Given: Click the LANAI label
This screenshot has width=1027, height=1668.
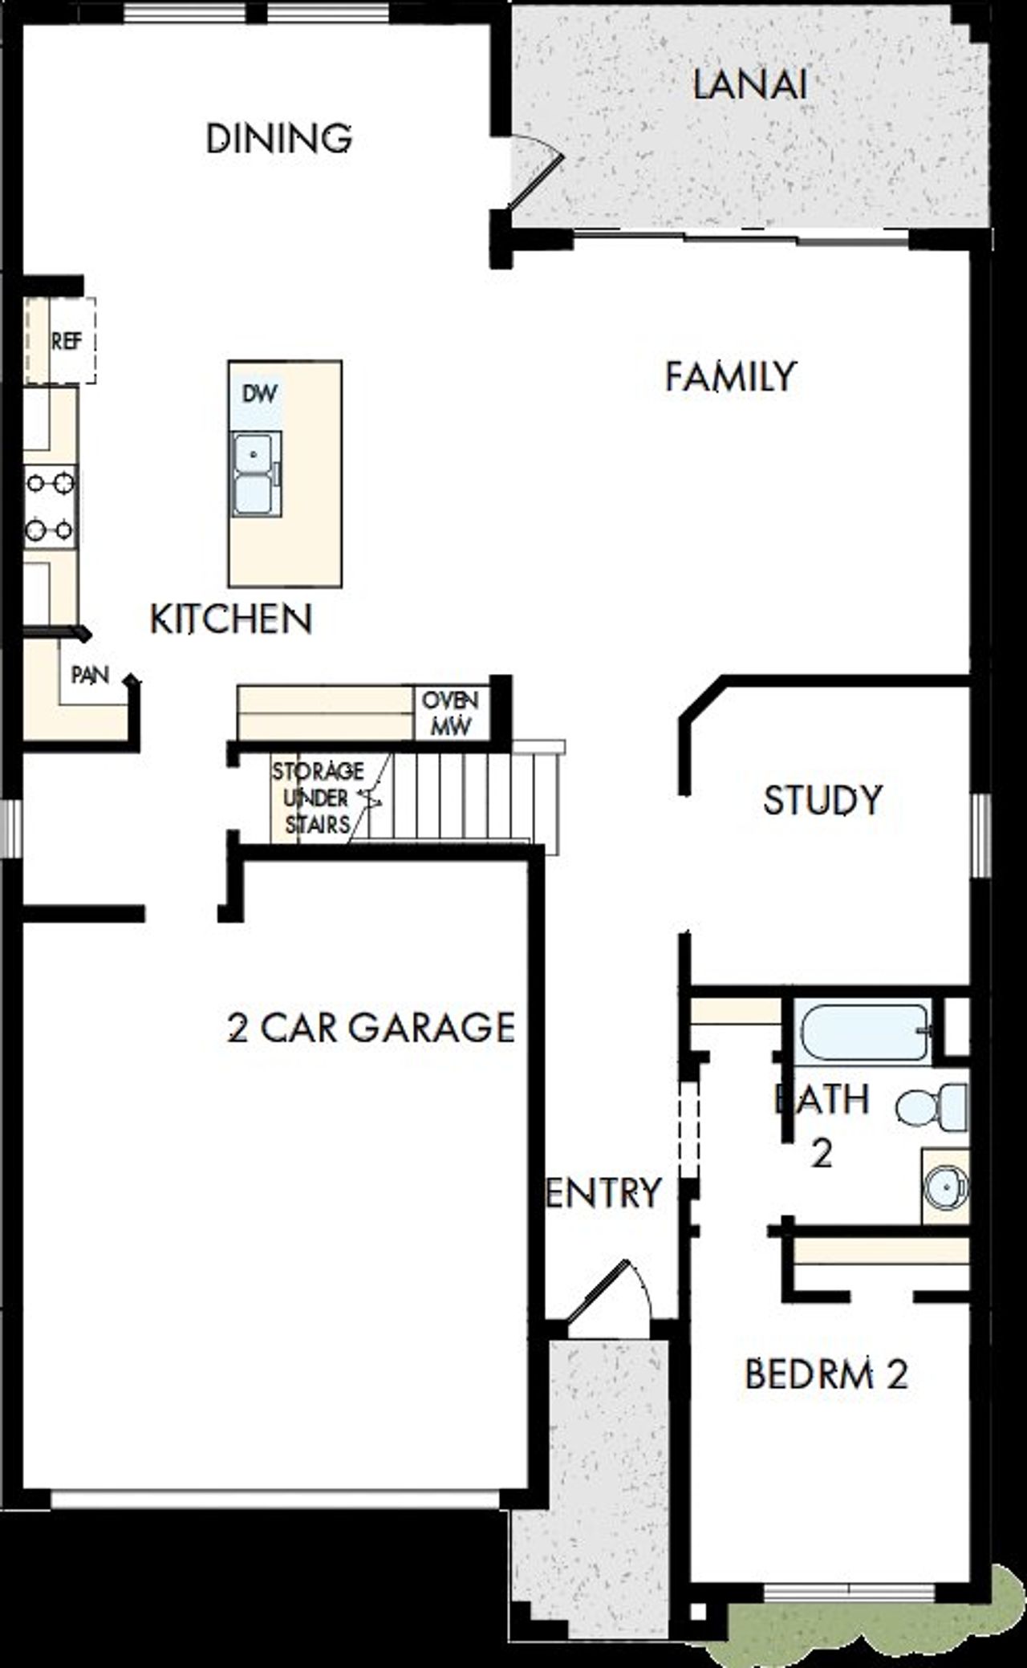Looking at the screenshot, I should [749, 85].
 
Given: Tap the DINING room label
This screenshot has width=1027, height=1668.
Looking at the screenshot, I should [278, 139].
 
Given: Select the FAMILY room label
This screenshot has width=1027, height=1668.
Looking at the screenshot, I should [730, 376].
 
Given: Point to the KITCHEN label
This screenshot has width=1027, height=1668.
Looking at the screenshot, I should [231, 619].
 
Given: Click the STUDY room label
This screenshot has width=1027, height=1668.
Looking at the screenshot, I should [822, 801].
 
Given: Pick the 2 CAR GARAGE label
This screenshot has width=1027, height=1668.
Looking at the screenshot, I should [371, 1028].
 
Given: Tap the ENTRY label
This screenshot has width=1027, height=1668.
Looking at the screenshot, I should [603, 1193].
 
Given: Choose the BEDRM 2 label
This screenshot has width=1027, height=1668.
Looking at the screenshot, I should [826, 1374].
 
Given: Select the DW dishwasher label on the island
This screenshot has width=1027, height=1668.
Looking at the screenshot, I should [260, 394].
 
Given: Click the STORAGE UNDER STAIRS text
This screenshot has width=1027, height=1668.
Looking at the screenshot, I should [317, 797].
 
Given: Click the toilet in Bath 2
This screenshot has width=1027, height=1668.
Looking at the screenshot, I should [932, 1109].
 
